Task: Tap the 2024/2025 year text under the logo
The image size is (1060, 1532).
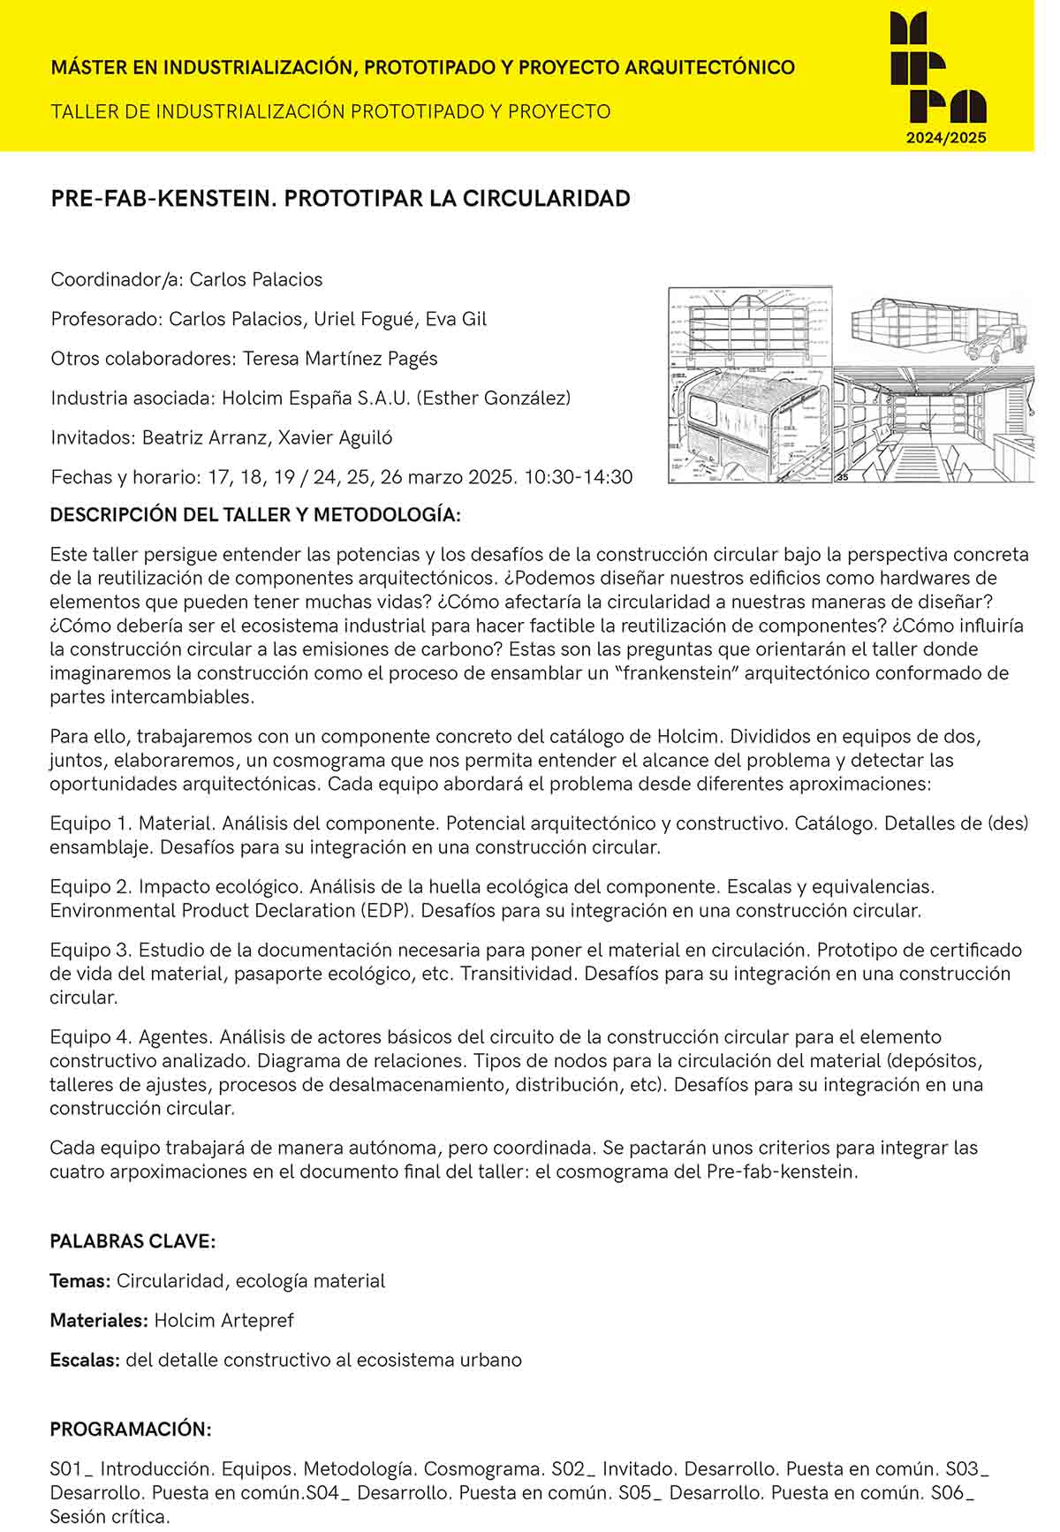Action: (x=946, y=138)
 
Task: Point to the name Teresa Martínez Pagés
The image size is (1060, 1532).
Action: (x=340, y=359)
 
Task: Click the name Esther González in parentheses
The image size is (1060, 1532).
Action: (x=494, y=398)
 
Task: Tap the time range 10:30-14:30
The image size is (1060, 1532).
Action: (x=579, y=477)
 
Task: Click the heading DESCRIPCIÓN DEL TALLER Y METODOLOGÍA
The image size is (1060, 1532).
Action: (x=255, y=515)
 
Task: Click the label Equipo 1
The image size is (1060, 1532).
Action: (x=88, y=823)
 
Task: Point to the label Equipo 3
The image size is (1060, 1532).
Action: (x=89, y=951)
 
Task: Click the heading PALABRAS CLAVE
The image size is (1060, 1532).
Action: (x=132, y=1241)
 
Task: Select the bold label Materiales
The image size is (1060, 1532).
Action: (x=98, y=1321)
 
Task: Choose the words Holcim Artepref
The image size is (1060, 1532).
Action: (x=223, y=1321)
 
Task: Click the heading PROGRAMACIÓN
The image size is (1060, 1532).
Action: (x=131, y=1430)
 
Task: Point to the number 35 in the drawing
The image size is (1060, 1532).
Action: (x=841, y=477)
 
